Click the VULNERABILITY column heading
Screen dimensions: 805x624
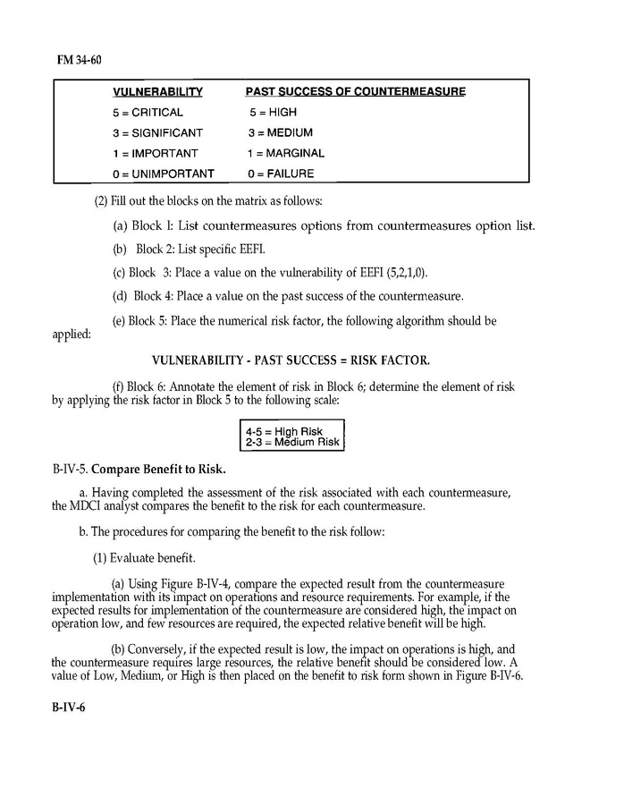point(157,92)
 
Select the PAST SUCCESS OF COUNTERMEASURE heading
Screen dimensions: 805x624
point(355,92)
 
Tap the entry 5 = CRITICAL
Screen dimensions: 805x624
point(148,113)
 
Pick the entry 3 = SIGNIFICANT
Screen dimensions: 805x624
point(157,133)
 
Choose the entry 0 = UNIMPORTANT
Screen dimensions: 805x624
point(164,174)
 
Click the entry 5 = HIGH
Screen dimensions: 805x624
point(273,113)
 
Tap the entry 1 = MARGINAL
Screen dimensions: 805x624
point(286,153)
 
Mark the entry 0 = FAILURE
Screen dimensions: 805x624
point(280,174)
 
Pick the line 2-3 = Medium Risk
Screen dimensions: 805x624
point(292,442)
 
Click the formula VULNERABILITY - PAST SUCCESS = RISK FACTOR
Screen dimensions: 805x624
point(291,360)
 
